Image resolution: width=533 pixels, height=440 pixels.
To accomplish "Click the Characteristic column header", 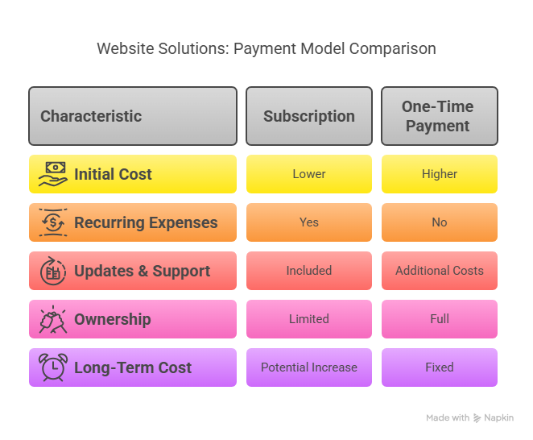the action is [x=133, y=116].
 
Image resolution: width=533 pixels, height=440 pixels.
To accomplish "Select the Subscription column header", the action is [x=309, y=116].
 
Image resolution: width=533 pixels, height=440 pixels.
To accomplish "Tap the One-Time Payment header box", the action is [x=440, y=116].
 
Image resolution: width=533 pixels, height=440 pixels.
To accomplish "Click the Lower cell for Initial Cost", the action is [x=309, y=174].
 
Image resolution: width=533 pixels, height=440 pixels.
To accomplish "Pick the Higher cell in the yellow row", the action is [x=440, y=174].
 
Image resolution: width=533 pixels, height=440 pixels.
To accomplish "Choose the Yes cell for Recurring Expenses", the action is [x=309, y=222].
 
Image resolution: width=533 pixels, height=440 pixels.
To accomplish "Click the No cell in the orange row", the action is [x=440, y=222].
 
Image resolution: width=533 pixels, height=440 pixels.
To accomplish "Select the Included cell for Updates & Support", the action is [x=309, y=271].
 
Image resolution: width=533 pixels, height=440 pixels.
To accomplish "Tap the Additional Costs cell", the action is [x=440, y=271].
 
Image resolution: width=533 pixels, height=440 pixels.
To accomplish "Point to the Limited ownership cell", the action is [x=309, y=319].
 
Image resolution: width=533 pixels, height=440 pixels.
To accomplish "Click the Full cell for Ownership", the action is [x=440, y=319].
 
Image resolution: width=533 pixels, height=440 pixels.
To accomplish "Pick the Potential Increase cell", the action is [x=309, y=367].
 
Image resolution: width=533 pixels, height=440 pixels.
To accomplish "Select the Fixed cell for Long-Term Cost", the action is [x=440, y=367].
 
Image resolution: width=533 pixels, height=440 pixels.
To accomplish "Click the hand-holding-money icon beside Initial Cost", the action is [x=52, y=174].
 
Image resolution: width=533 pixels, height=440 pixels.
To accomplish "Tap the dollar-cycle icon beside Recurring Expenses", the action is [x=53, y=222].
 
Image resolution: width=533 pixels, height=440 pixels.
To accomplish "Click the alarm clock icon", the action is [x=53, y=367].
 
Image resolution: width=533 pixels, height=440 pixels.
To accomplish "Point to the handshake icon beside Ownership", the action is [x=53, y=319].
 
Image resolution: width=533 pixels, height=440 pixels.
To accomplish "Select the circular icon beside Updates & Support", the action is [x=53, y=271].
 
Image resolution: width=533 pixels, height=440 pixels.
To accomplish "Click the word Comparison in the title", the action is [x=393, y=49].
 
